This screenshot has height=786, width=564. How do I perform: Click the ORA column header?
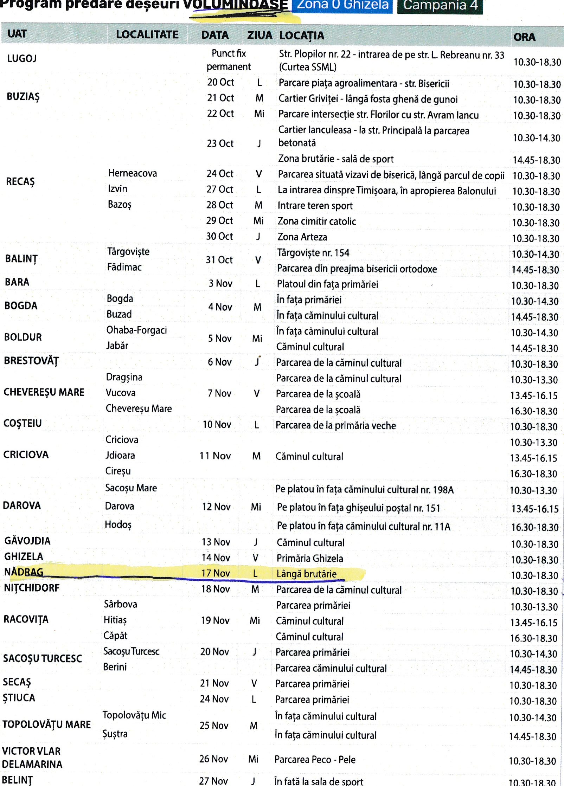(524, 37)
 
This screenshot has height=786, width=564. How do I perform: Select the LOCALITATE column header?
(147, 34)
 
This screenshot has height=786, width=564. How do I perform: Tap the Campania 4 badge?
(440, 6)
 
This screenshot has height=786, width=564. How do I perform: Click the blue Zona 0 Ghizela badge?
(342, 6)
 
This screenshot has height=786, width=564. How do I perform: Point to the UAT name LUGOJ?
(22, 58)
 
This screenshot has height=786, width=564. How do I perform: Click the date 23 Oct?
(220, 143)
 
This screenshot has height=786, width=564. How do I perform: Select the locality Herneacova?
(132, 173)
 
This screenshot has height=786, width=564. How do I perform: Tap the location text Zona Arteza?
(302, 237)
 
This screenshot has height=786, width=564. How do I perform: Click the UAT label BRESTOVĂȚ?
(31, 361)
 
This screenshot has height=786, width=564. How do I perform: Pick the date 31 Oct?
(219, 260)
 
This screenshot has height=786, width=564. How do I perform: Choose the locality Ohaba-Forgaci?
(136, 330)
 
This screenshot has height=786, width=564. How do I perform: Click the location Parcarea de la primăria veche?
(335, 425)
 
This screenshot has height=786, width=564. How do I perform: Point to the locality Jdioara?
(120, 455)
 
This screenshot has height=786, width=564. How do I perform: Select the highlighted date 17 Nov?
(216, 573)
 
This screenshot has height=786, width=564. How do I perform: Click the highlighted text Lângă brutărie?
(306, 574)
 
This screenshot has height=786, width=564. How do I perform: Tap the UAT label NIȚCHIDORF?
(32, 588)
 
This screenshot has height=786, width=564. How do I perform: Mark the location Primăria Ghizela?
(309, 558)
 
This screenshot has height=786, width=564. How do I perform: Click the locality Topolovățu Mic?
(134, 715)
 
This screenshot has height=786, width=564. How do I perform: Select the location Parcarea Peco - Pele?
(315, 760)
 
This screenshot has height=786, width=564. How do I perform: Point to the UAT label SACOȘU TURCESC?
(42, 658)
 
